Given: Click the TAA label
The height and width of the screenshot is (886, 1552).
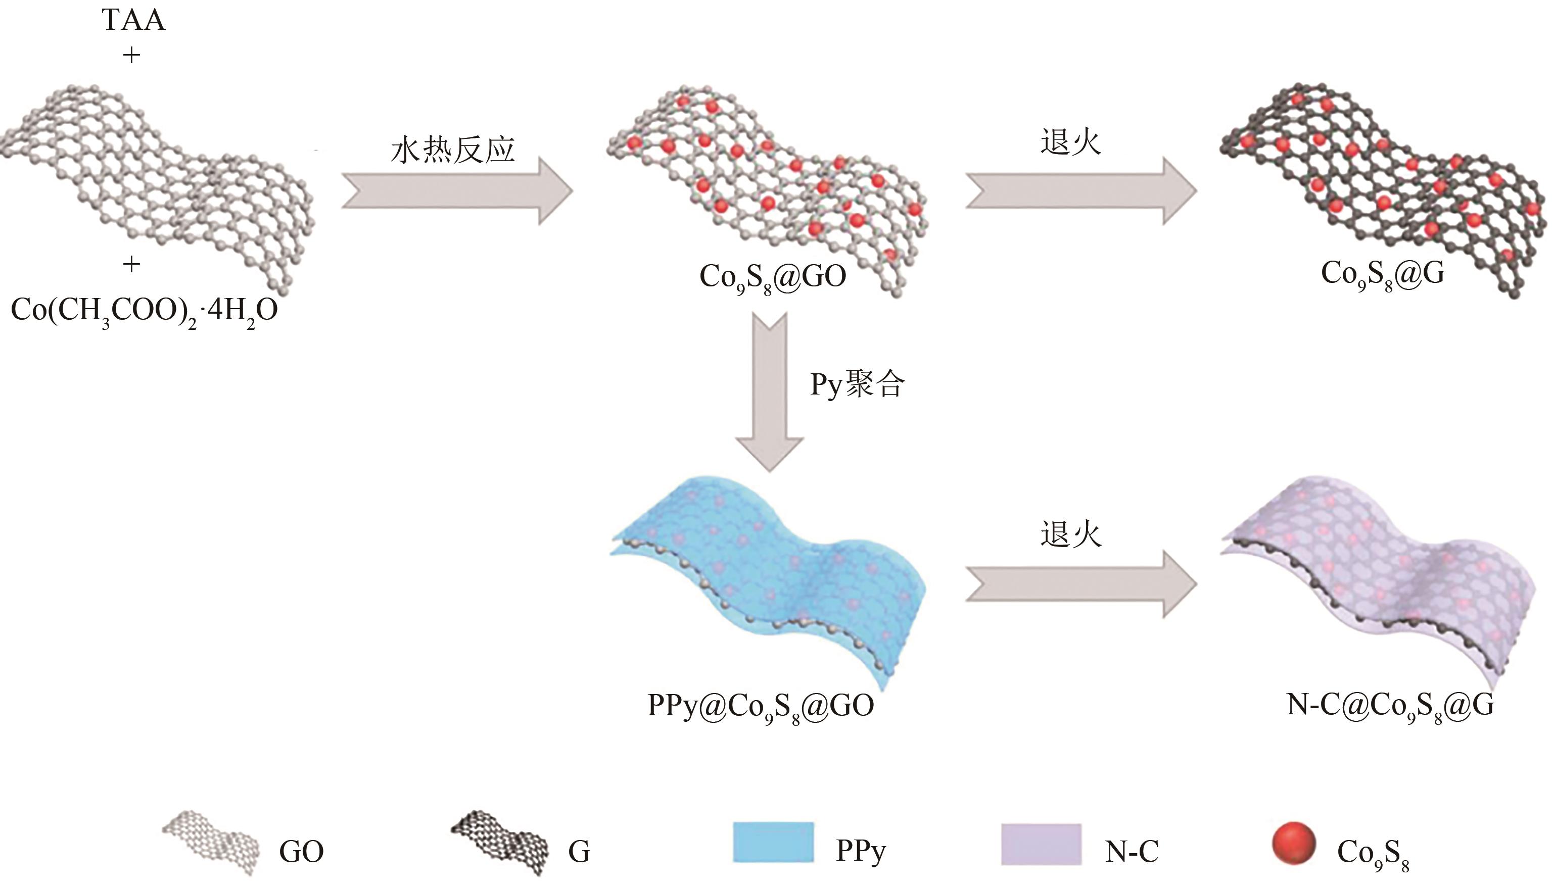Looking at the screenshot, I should coord(133,20).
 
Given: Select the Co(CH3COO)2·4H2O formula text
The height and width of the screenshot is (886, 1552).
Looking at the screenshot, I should coord(144,310).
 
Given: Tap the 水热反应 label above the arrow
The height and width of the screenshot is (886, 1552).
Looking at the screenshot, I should coord(453,150).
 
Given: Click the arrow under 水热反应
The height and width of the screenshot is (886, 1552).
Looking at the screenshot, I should coord(457,191).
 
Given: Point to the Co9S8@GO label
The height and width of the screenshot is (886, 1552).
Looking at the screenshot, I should coord(772,277).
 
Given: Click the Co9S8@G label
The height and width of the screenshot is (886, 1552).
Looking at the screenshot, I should coord(1382,274).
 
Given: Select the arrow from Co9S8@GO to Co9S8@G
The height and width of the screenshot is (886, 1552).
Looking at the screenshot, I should coord(1080,191).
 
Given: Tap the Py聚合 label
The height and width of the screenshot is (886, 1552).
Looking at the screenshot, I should coord(857,384).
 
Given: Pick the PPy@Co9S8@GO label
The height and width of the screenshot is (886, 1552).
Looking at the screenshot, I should coord(761,706).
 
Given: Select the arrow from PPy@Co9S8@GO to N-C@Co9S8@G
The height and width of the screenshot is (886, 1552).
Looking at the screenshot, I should coord(1080,584).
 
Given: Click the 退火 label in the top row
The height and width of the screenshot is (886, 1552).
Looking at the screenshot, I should coord(1070,143).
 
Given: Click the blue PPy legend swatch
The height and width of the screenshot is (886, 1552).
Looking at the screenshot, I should coord(773,843).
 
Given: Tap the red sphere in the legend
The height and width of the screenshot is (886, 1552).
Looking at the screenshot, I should coord(1293,843).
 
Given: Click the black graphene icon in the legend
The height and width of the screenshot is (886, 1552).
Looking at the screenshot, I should coord(499,843).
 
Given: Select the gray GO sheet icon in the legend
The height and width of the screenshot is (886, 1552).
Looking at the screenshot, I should coord(210,843).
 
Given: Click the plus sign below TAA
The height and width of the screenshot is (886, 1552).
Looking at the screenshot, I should coord(131,56).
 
